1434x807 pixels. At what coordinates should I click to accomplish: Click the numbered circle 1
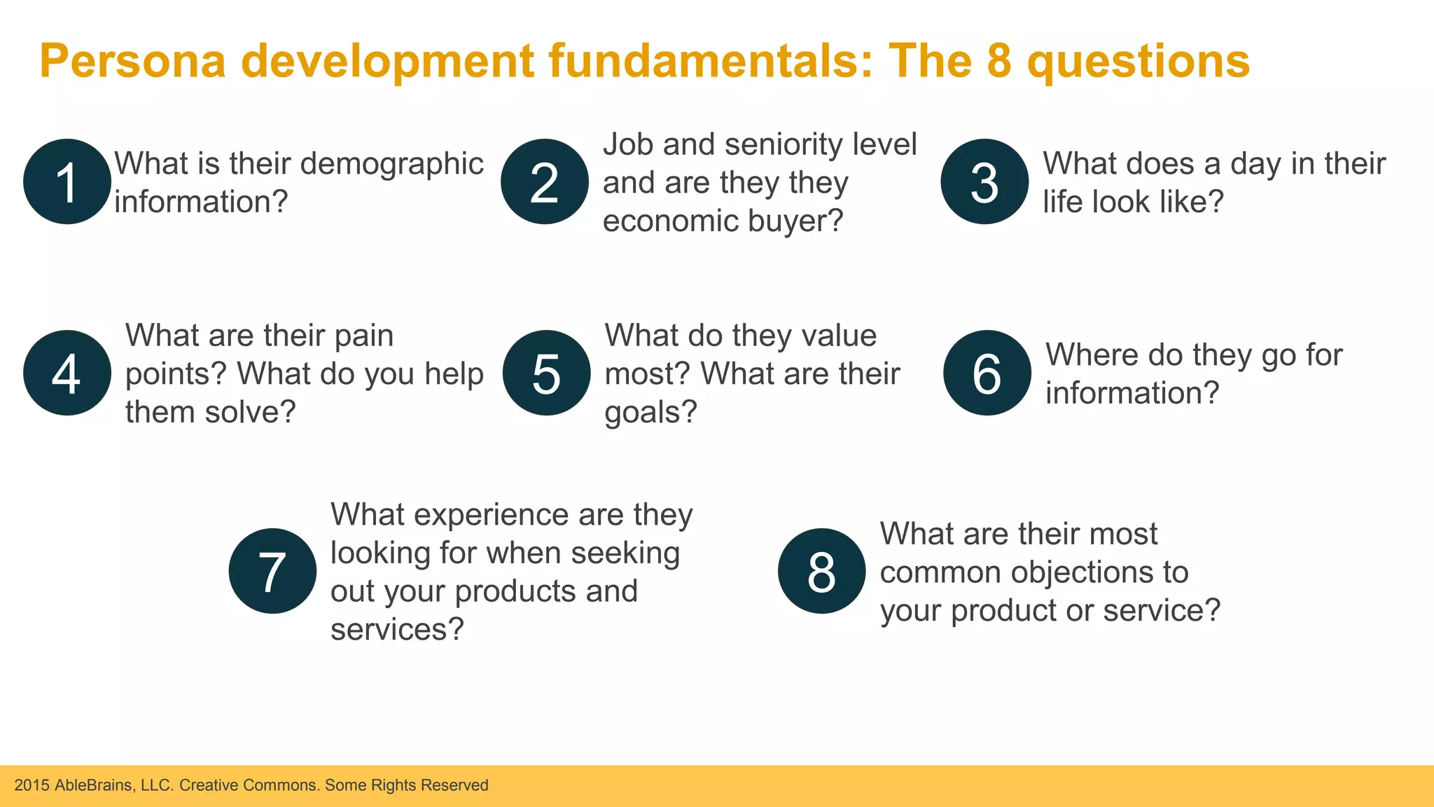coord(67,182)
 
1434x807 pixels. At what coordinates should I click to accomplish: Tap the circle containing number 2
coord(545,182)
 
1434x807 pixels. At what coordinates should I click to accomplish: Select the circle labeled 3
coord(984,182)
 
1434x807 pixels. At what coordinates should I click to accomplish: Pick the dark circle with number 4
coord(67,373)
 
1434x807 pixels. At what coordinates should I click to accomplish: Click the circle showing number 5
coord(546,373)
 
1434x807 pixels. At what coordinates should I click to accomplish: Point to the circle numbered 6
coord(987,373)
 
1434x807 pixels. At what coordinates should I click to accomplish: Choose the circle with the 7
coord(272,571)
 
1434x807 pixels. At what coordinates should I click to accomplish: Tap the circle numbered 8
coord(821,571)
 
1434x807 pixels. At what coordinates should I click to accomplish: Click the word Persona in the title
coord(132,61)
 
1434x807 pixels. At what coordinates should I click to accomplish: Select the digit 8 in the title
coord(999,61)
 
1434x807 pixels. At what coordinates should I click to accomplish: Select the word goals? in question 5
coord(650,413)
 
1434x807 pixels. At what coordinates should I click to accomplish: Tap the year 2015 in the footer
coord(32,785)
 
